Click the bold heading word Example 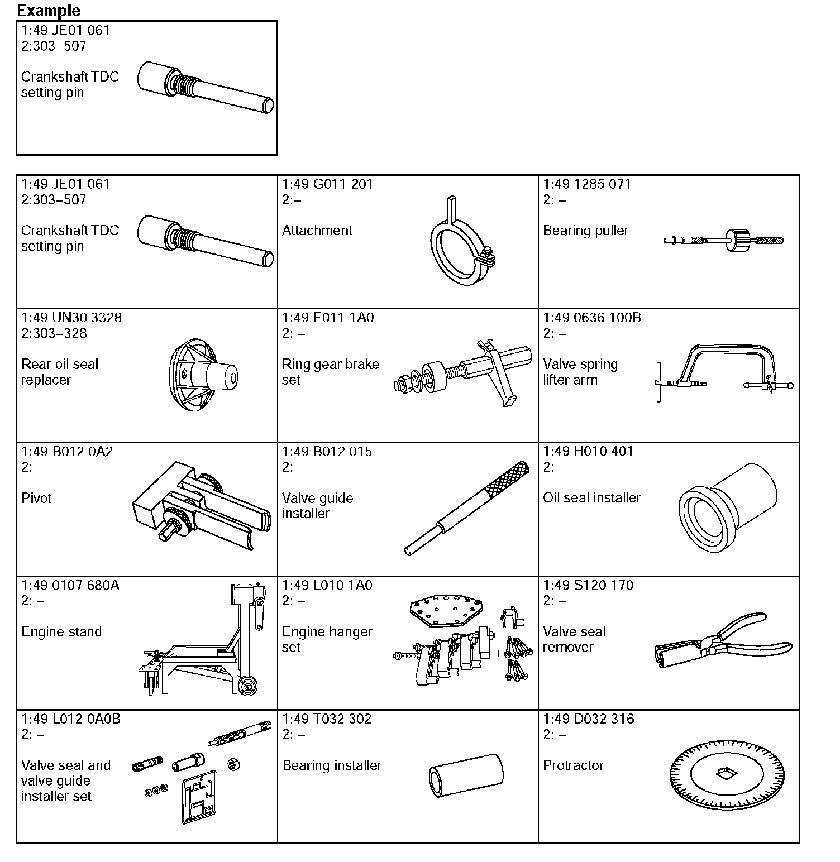[49, 11]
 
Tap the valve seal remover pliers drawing [722, 641]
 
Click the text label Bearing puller [585, 231]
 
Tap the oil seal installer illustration [727, 507]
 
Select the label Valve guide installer [317, 506]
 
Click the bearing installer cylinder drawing [466, 775]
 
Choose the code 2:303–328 [54, 333]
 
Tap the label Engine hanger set [327, 639]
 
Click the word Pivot [36, 498]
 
